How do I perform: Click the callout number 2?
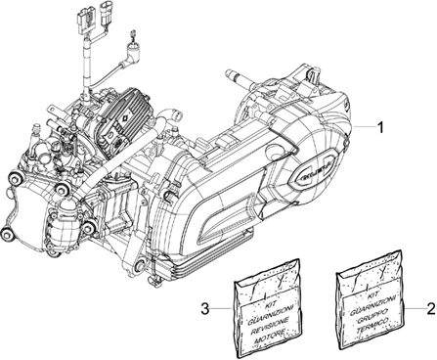click(x=427, y=308)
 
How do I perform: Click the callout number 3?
click(x=204, y=309)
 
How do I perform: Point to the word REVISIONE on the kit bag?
click(x=263, y=320)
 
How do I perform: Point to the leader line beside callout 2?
click(x=412, y=308)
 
